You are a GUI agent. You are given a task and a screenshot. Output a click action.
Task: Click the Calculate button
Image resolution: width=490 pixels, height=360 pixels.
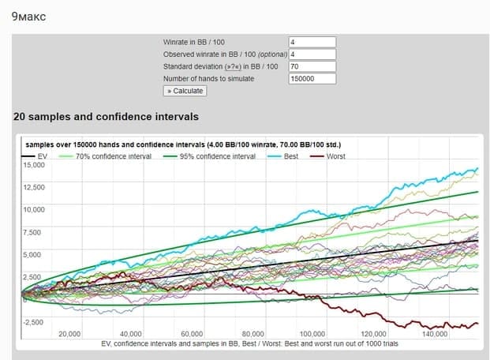click(184, 91)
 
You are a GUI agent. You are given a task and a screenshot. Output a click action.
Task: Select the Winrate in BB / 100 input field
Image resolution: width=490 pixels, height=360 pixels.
click(312, 42)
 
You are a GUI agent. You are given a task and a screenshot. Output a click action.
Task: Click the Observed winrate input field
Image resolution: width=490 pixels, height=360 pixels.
click(312, 54)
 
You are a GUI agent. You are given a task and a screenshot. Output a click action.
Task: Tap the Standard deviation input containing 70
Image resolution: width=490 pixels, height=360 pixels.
click(312, 66)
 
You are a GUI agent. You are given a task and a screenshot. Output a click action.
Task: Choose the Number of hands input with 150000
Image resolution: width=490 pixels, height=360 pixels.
click(312, 78)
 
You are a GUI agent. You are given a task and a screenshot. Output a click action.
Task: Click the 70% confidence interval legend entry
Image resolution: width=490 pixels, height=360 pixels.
click(110, 156)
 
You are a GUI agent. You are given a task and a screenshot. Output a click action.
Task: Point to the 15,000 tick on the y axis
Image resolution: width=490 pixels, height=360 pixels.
click(34, 164)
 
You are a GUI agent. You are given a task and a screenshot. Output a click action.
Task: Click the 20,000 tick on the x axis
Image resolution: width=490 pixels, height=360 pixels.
click(69, 334)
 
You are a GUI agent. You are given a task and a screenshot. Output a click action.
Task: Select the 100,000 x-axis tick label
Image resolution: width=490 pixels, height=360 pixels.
click(314, 334)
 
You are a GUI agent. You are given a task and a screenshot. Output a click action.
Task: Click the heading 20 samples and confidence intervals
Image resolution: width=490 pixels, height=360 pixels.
click(106, 117)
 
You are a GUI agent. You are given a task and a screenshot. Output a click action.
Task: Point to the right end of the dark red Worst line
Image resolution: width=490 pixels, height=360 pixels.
click(477, 324)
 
